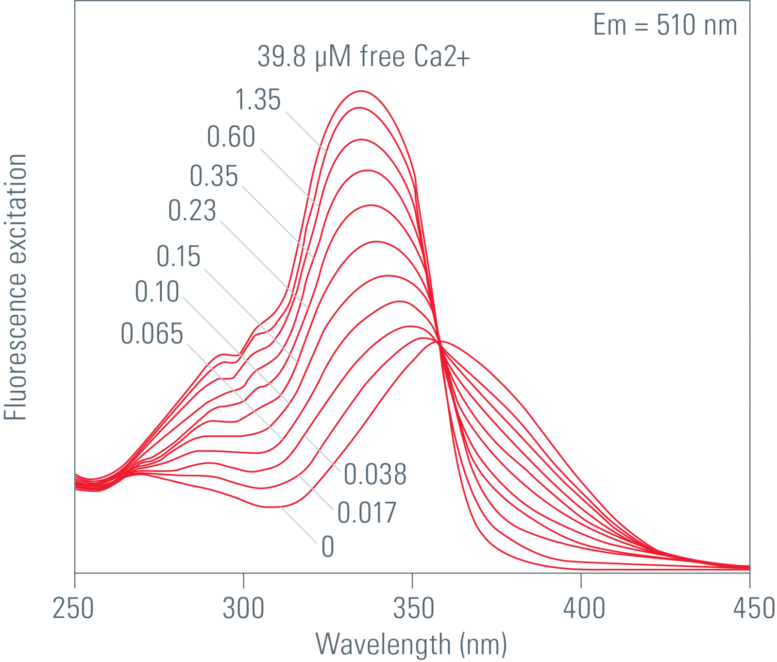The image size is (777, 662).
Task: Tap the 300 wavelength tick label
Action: [243, 609]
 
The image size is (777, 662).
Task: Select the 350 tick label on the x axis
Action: [413, 609]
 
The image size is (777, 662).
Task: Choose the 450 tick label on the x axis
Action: [753, 609]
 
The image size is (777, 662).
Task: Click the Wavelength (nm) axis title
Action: [411, 645]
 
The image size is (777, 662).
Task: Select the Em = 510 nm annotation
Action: [665, 25]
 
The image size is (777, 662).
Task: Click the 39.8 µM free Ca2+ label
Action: [363, 56]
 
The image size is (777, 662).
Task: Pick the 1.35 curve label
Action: [258, 100]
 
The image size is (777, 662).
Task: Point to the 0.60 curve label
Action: [231, 136]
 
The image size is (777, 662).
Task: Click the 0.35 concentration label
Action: [214, 176]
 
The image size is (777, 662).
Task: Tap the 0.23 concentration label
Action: [192, 211]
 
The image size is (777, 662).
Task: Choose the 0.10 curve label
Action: [157, 292]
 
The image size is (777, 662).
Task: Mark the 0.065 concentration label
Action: [152, 334]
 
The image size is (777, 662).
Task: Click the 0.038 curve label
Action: [375, 475]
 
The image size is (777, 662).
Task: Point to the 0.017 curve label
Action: [367, 513]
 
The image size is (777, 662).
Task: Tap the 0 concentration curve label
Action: [328, 547]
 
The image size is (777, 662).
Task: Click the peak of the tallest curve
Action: [361, 91]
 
